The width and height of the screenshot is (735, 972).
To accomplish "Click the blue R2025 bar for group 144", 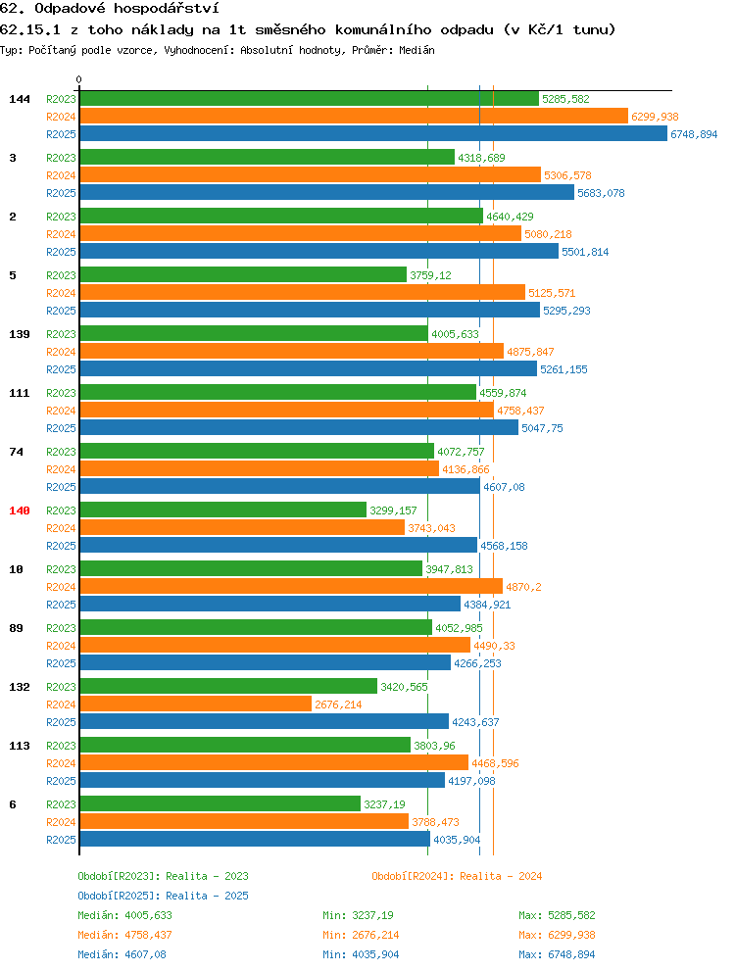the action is [x=373, y=134].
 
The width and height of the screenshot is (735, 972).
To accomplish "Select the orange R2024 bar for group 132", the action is [x=195, y=705].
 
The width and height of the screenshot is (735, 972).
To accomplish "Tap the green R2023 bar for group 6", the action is [x=220, y=804].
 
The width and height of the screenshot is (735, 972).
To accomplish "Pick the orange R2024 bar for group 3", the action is [x=310, y=175].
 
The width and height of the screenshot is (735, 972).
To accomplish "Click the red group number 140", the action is [x=20, y=510].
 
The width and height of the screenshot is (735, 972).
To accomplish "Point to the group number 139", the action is [x=20, y=334].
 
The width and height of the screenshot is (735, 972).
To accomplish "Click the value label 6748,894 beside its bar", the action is [x=694, y=134].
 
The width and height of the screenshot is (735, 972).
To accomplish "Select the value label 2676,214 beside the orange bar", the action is [x=338, y=705].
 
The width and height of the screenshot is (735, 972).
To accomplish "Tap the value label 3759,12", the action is [x=430, y=276].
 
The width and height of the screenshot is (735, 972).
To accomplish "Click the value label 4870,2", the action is [x=523, y=587].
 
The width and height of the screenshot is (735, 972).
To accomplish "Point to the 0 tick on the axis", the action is [x=78, y=80].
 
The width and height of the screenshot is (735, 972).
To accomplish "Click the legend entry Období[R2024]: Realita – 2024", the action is [x=457, y=877].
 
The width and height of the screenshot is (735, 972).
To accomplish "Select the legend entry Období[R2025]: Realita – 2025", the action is [x=163, y=896].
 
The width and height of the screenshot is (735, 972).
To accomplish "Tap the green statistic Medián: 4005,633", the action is [x=124, y=915].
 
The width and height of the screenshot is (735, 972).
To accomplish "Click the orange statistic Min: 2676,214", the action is [x=361, y=935].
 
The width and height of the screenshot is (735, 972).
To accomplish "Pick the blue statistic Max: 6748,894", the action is [x=557, y=954].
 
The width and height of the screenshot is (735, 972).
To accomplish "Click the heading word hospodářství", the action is [x=167, y=9].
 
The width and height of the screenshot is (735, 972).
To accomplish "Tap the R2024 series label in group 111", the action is [x=61, y=411].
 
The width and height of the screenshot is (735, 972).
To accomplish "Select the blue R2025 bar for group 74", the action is [x=279, y=487].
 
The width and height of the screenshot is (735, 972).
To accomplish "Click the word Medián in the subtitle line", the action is [x=416, y=50].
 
